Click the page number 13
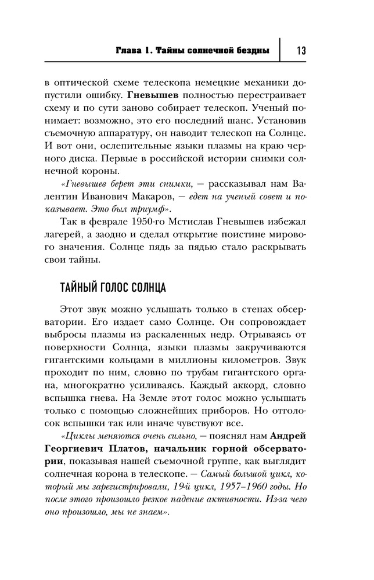301,51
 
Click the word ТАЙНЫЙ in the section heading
79,288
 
